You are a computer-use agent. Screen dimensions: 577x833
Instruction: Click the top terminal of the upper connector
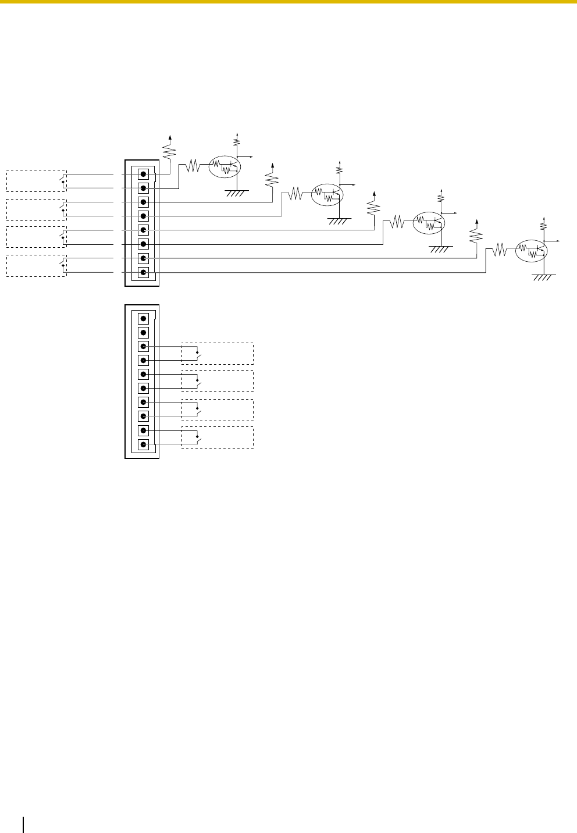(143, 174)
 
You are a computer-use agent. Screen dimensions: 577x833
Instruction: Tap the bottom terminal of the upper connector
(143, 272)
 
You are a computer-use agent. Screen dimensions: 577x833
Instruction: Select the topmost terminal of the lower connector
(143, 318)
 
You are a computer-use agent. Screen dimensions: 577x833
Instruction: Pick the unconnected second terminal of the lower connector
(143, 333)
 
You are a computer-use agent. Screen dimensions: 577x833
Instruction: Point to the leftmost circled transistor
(225, 166)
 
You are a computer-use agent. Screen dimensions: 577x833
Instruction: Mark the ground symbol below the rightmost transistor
(544, 277)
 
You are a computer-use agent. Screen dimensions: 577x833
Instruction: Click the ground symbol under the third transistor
(440, 249)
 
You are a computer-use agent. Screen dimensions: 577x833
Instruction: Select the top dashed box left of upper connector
(36, 181)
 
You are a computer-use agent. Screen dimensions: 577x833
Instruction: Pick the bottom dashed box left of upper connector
(36, 265)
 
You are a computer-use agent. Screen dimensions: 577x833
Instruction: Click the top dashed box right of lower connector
(218, 354)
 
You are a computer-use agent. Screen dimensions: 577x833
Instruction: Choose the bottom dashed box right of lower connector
(218, 437)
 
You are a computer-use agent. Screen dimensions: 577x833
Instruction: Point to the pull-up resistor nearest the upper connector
(169, 152)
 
